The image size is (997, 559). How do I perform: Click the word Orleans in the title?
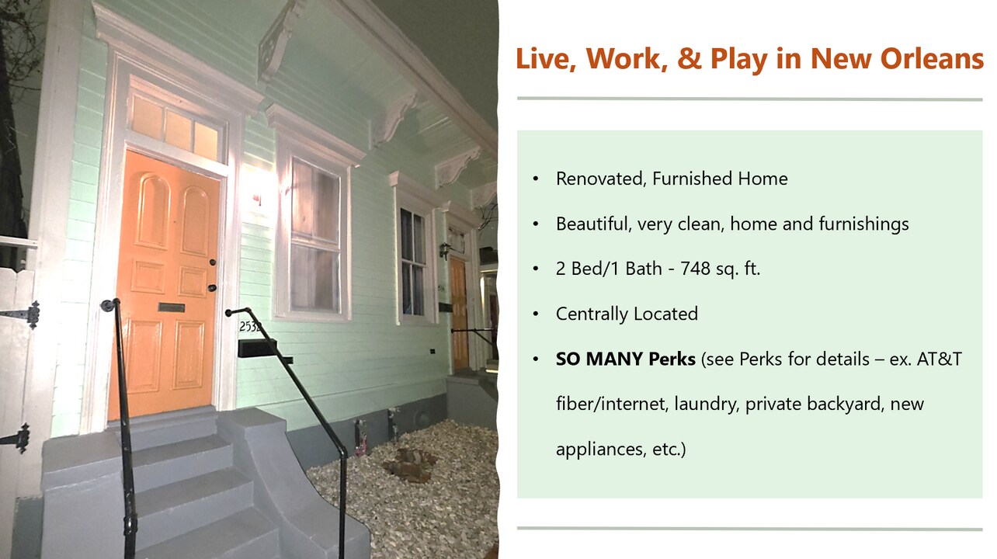(x=932, y=58)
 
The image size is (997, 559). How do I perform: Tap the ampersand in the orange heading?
(x=690, y=58)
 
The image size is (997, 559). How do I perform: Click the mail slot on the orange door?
(x=172, y=307)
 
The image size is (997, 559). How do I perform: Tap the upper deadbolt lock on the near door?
(x=213, y=262)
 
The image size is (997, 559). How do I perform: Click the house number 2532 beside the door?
(x=250, y=327)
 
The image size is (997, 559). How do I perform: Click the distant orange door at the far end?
(x=458, y=314)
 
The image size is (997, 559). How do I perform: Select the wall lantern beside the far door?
(x=444, y=250)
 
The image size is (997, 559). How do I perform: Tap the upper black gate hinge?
(x=26, y=314)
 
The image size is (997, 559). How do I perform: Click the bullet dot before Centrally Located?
(x=536, y=314)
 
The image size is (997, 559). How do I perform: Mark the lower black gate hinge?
(x=18, y=438)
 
